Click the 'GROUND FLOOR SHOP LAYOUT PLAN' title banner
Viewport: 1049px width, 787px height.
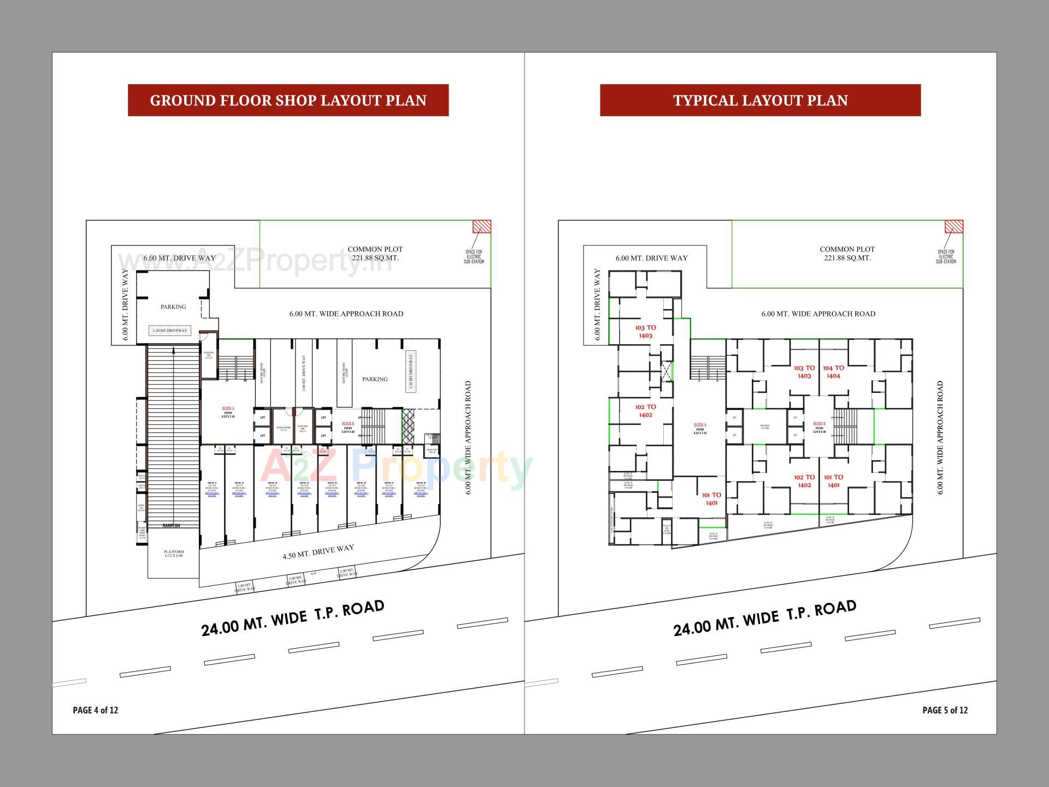(288, 100)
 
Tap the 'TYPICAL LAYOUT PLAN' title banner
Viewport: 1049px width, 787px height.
(760, 100)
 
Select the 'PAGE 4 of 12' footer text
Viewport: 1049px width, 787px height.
(95, 710)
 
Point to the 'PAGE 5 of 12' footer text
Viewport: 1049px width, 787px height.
(945, 710)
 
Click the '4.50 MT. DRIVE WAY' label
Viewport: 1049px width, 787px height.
(318, 552)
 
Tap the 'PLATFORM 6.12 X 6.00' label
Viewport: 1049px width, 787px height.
(174, 554)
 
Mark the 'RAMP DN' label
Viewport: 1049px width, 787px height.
(172, 526)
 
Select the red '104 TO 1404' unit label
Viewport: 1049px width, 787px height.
(833, 372)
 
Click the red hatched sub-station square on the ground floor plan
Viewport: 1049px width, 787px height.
(481, 226)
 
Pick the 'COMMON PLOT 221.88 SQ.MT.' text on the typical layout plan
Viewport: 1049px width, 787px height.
(847, 254)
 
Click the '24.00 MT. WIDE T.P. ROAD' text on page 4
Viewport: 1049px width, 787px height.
(293, 618)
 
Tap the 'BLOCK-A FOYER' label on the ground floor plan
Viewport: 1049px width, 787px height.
(228, 413)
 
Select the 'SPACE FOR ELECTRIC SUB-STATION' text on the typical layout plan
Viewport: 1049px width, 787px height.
(946, 257)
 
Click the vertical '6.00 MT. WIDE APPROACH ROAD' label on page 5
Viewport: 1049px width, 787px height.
(940, 437)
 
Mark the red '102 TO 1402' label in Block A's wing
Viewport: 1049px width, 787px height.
(645, 411)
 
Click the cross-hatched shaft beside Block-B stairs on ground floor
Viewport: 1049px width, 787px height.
(408, 426)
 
